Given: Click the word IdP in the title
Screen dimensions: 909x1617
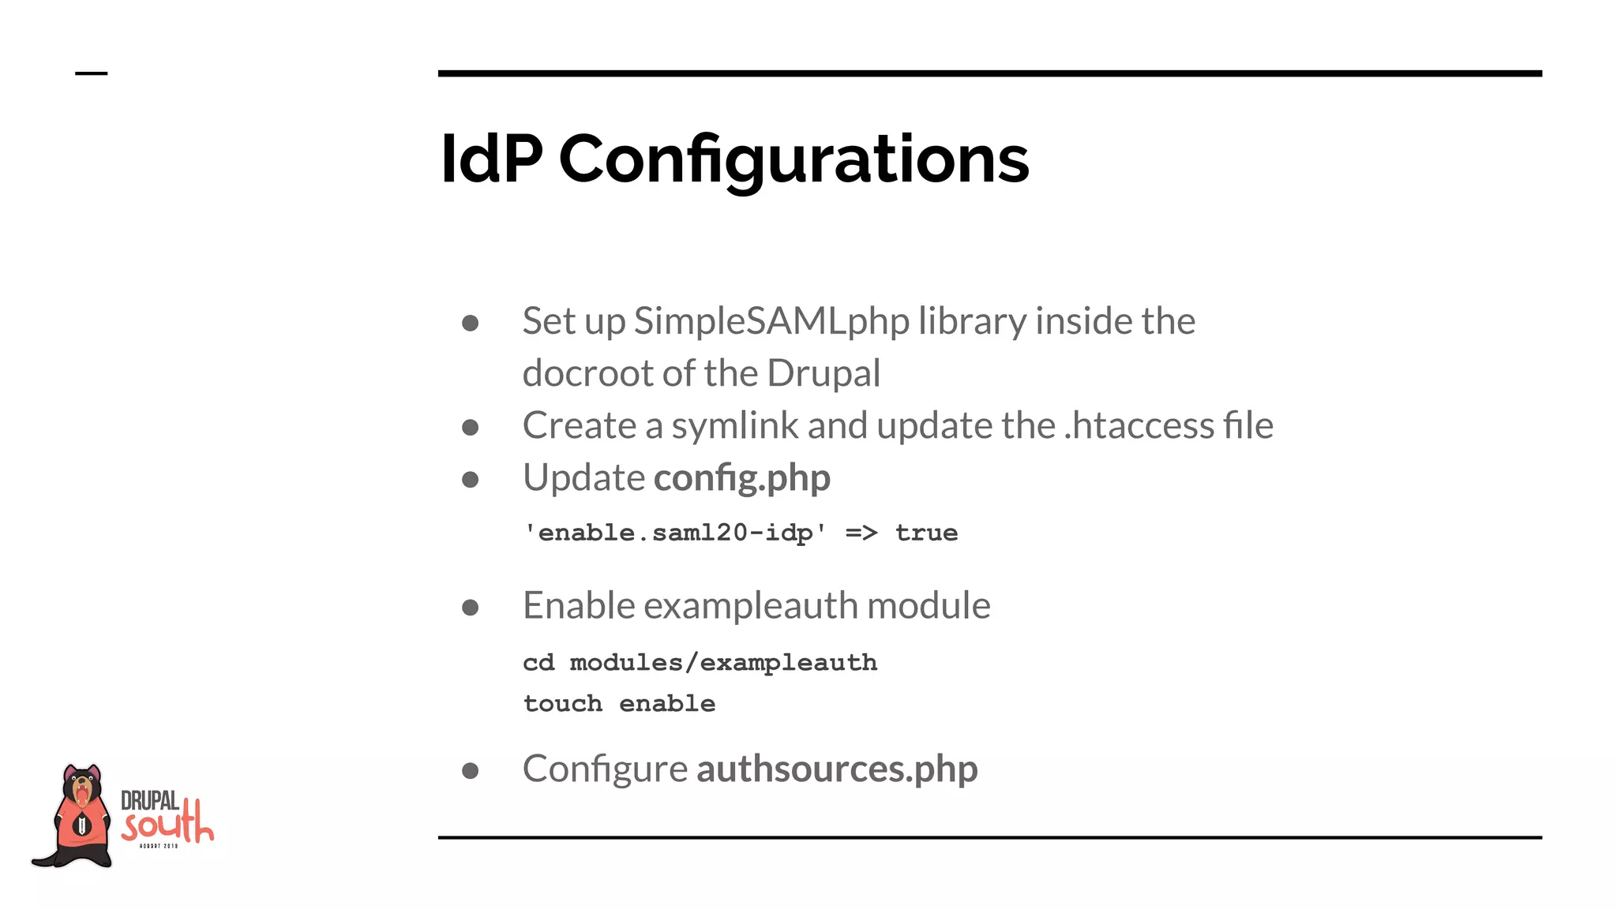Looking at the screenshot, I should (x=491, y=159).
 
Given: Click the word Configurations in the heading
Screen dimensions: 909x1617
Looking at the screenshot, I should (x=793, y=161).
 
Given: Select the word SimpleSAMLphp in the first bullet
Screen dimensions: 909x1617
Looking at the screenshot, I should (x=771, y=321).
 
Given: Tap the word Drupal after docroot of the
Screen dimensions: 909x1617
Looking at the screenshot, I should (x=823, y=373).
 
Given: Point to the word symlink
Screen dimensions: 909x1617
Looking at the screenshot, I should (x=735, y=426).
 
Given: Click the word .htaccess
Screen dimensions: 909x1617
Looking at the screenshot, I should (x=1139, y=426).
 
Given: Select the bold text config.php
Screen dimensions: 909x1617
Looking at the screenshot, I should (x=741, y=478).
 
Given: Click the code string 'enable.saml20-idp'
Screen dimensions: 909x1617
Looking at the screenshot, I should (x=675, y=533).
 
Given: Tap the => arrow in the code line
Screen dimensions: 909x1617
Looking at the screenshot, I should (x=861, y=533).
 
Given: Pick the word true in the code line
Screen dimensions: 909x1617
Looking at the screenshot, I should (x=926, y=533).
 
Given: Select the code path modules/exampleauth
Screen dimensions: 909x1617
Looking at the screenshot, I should (x=723, y=663).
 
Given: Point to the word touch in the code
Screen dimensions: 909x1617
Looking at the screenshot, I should (x=562, y=704).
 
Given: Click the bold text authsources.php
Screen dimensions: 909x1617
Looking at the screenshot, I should (x=836, y=769).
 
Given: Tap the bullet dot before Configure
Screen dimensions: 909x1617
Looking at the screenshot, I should (x=471, y=770).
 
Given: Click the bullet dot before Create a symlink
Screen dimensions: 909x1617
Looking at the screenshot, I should (x=471, y=428).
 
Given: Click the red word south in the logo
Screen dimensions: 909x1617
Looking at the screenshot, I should (x=167, y=825).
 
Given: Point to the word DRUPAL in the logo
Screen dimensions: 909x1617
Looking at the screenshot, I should (x=149, y=801).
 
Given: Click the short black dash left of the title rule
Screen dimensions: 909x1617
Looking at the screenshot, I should (x=91, y=73).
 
